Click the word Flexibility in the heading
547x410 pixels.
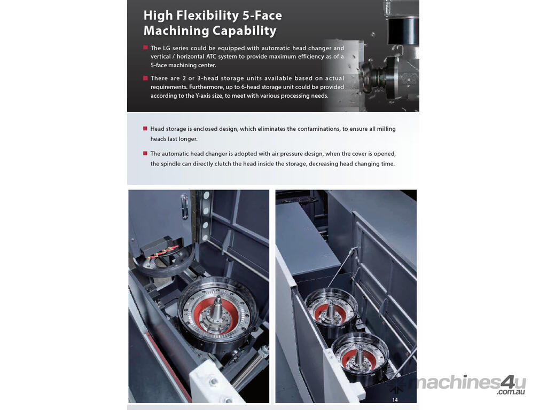(208, 15)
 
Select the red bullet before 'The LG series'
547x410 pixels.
(145, 48)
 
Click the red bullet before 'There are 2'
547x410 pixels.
(145, 78)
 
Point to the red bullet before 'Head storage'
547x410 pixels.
(145, 128)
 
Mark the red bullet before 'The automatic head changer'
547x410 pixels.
(145, 153)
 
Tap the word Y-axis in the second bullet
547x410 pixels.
(202, 96)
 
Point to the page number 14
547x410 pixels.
(395, 399)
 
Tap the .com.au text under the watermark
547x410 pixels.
(511, 392)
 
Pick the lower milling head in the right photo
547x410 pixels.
(360, 356)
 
